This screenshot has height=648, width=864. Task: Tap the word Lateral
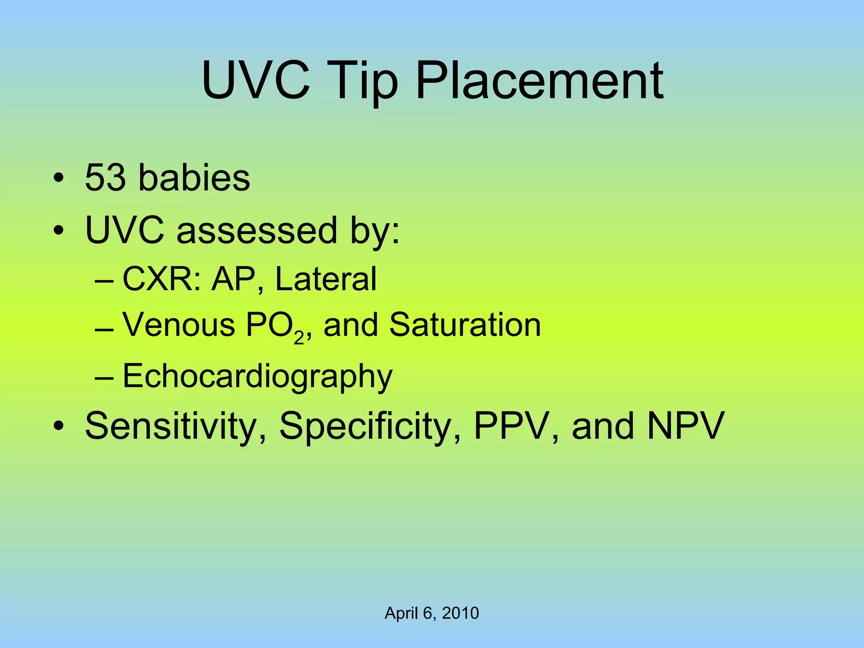tap(326, 279)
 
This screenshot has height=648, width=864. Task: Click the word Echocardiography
tap(257, 376)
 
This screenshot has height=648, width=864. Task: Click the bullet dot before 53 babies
tap(59, 178)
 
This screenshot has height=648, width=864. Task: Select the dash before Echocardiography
tap(104, 377)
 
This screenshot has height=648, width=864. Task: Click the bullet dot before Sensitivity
tap(59, 426)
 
